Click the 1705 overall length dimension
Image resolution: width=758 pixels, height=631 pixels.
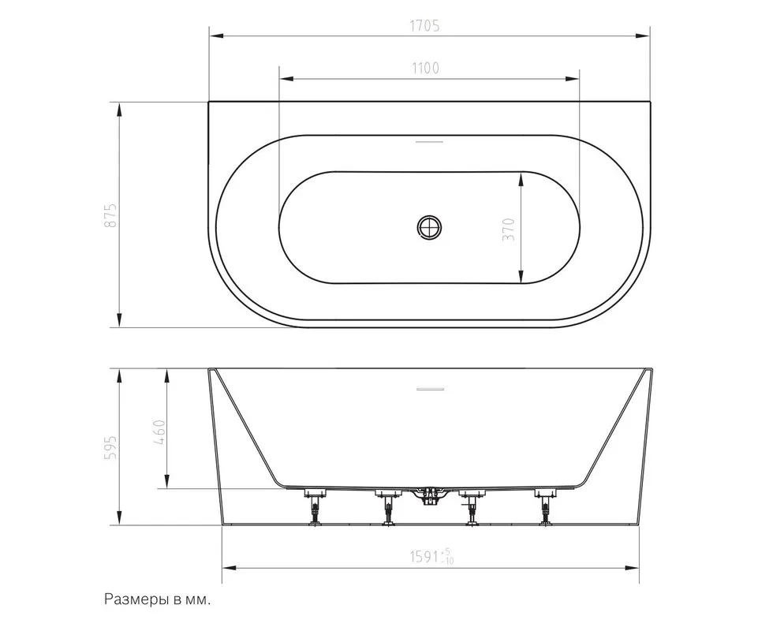click(x=425, y=25)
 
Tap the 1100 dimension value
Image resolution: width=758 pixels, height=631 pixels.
click(x=425, y=68)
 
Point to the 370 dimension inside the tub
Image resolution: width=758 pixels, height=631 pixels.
click(x=510, y=230)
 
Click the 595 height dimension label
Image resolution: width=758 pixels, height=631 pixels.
click(x=110, y=447)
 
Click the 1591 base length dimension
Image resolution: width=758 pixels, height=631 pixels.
click(x=432, y=557)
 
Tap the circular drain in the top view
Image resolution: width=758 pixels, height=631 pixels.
click(x=429, y=227)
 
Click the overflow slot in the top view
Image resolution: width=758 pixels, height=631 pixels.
click(x=429, y=142)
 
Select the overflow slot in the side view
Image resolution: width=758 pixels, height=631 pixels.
click(x=430, y=388)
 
